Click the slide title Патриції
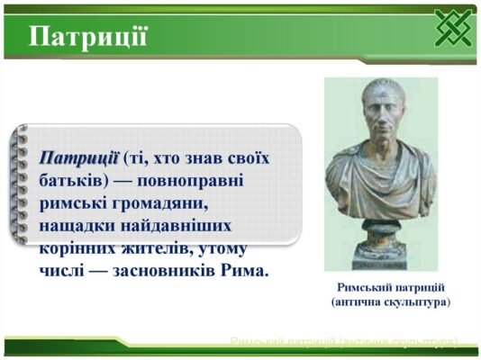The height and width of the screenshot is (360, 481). coord(88,37)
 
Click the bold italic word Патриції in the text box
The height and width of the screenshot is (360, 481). coord(78,157)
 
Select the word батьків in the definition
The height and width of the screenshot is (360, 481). coord(72,180)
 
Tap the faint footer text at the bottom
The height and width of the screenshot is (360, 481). coord(343,342)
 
